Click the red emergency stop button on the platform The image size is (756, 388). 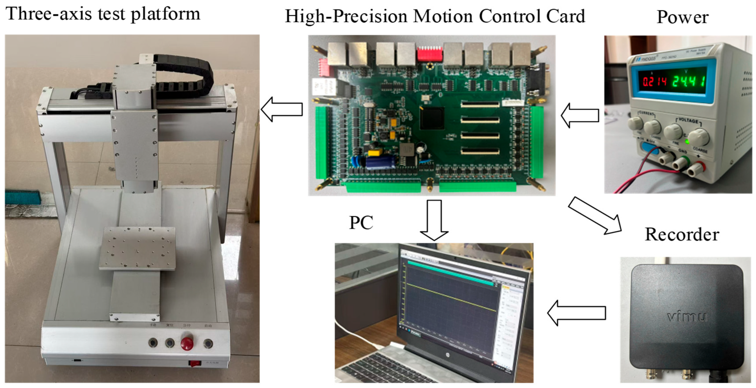[x=187, y=343]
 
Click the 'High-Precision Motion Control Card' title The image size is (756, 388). [x=435, y=16]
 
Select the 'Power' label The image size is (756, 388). [x=682, y=17]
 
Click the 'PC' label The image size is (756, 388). [x=361, y=223]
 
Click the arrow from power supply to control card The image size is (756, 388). [x=580, y=115]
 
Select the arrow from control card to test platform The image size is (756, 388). [x=282, y=109]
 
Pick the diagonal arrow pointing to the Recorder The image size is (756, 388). [x=595, y=216]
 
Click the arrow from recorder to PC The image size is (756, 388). [x=576, y=313]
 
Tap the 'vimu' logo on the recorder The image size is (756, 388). [x=687, y=317]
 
